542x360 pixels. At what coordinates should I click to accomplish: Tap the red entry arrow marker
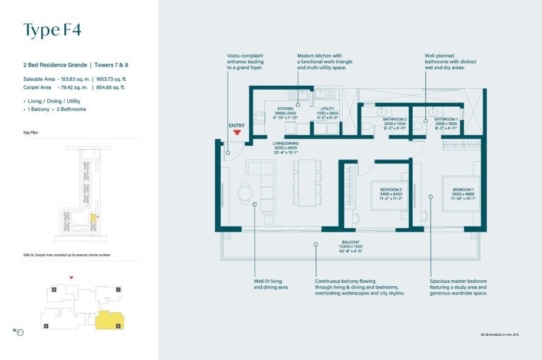tap(236, 132)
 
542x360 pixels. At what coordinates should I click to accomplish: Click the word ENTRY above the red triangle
tap(236, 125)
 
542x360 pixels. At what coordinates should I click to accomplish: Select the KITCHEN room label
tap(285, 109)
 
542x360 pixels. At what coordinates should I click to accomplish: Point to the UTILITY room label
tap(327, 109)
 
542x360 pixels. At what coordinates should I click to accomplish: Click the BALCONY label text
tap(350, 242)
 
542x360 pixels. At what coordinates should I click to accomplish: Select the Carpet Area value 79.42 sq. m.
tap(73, 87)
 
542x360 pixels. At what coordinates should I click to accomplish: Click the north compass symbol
tap(20, 332)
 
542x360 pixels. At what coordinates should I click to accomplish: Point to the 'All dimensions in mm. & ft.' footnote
tap(500, 335)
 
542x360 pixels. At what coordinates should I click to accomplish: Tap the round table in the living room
tap(245, 191)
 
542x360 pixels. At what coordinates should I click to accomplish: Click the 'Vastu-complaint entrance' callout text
tap(245, 62)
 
